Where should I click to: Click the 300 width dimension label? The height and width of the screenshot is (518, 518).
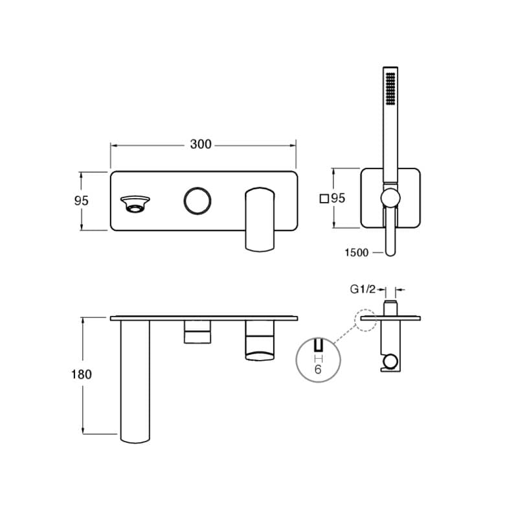click(201, 144)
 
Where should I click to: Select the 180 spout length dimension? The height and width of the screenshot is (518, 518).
click(82, 374)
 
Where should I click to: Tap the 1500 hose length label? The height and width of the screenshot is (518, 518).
click(357, 253)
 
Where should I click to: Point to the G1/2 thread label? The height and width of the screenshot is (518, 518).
click(363, 289)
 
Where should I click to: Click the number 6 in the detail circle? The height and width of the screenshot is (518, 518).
click(318, 369)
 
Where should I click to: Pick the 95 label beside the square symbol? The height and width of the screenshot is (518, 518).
click(338, 198)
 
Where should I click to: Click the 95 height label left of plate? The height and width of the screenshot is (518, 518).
click(82, 201)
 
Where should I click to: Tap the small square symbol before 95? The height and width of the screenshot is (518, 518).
click(324, 199)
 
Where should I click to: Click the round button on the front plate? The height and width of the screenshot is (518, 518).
click(197, 201)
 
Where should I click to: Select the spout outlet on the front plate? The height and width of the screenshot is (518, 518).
click(135, 204)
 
